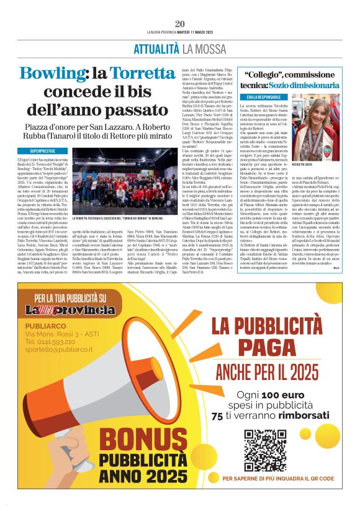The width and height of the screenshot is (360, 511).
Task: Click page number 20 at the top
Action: tap(180, 24)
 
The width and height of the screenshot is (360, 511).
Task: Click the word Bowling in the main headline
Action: tap(52, 76)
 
